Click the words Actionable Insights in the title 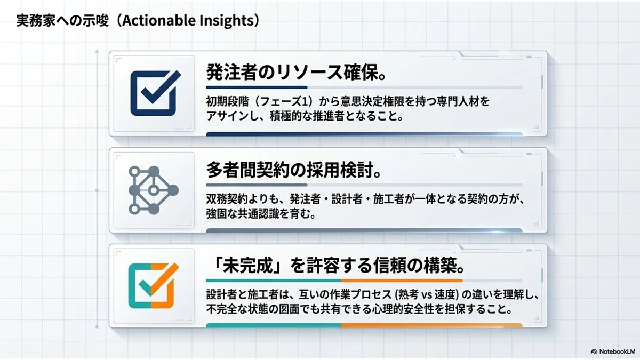(x=188, y=21)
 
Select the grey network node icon (x=154, y=190)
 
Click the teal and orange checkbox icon (x=154, y=286)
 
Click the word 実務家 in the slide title (x=31, y=21)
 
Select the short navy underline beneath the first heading (x=257, y=87)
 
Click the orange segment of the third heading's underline (x=402, y=281)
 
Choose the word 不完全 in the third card (x=222, y=309)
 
